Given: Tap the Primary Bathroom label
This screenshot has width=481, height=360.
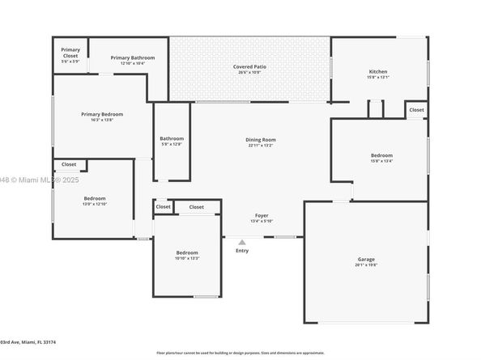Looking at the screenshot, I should (133, 57).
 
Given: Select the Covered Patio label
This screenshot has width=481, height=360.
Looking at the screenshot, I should (249, 66).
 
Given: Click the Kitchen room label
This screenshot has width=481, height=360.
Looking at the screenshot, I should (378, 71).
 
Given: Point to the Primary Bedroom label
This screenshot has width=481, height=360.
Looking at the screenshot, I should (101, 114).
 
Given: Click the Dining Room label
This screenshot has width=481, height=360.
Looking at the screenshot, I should (261, 139).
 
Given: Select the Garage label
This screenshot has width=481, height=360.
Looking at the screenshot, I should (366, 259).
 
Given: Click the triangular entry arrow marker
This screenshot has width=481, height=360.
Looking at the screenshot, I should (241, 241).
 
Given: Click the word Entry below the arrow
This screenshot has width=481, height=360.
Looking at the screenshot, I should (242, 251).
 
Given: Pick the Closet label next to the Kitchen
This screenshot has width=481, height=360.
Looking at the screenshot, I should (416, 109).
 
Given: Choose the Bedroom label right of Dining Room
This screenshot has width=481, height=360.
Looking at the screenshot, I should (381, 155).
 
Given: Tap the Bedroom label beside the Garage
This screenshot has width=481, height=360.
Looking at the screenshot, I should (187, 252).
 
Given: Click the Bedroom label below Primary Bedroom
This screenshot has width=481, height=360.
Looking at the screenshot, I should (95, 197).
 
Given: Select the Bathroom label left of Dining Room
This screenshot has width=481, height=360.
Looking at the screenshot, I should (172, 138).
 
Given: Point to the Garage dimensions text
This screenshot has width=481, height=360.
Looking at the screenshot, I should (366, 265).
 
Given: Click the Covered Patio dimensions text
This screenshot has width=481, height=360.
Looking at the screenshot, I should (249, 72).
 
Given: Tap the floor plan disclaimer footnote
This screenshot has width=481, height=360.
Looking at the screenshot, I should (240, 353).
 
